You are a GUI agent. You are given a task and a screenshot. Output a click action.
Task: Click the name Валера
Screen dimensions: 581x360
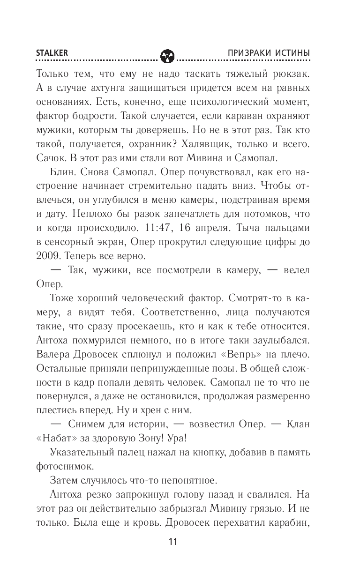coord(51,364)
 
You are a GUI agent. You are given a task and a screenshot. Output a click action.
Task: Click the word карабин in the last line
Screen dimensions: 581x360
coord(288,526)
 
